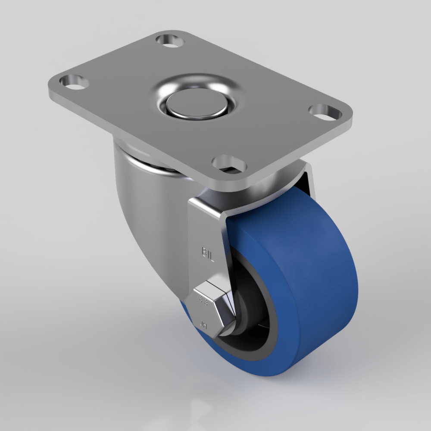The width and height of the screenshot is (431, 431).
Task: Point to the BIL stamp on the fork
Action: click(x=208, y=251)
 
